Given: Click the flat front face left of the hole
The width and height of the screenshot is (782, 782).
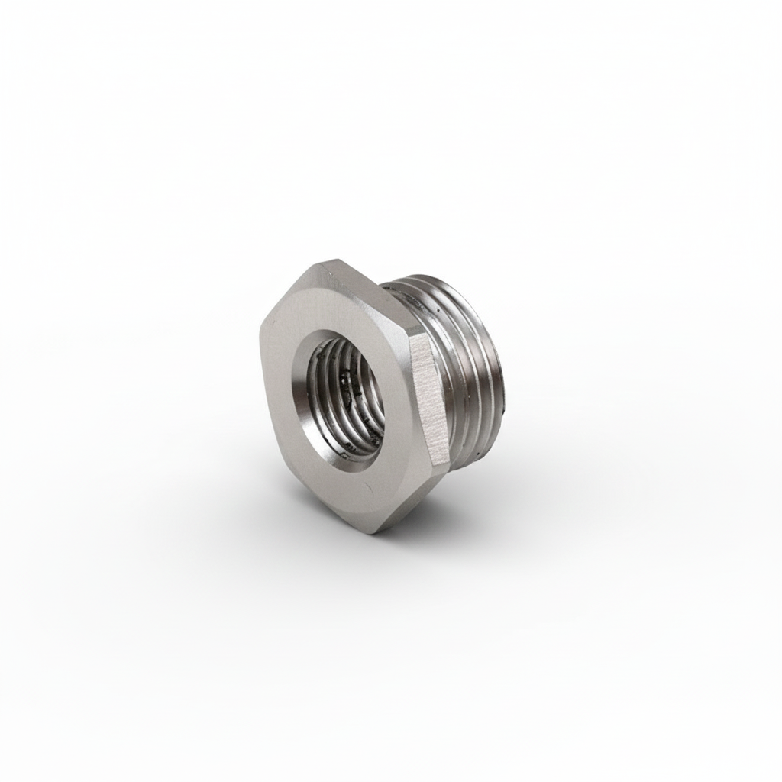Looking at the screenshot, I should click(x=281, y=382).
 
